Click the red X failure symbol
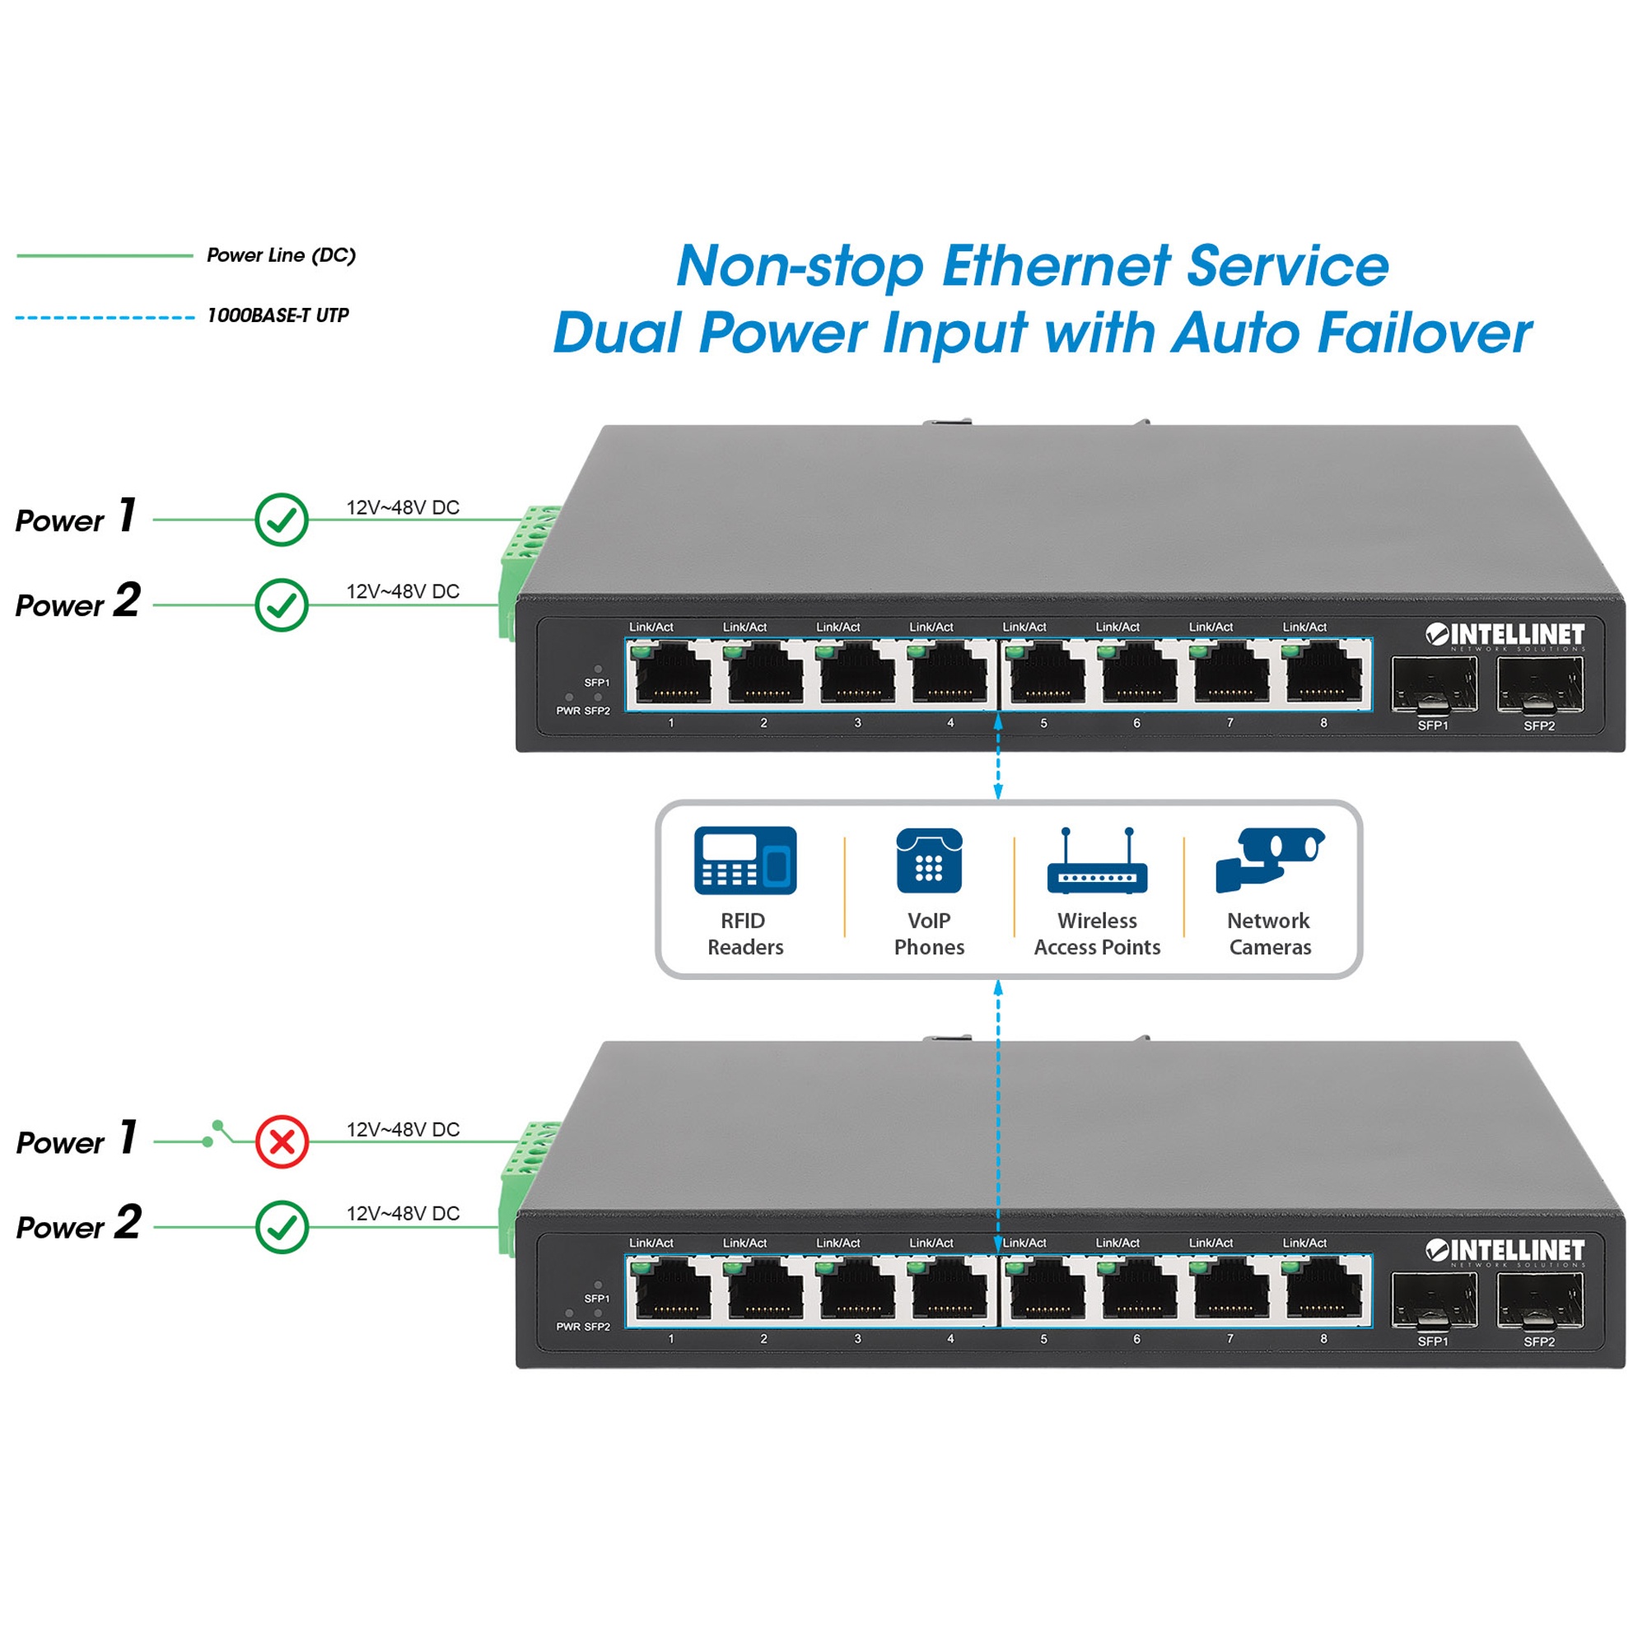click(282, 1141)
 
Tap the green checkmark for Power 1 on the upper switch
click(282, 519)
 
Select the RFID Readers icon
click(745, 861)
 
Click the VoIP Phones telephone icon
click(929, 861)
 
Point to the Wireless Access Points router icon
click(1097, 861)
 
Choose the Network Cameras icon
click(1270, 861)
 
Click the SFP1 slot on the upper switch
click(1434, 684)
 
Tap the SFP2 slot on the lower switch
click(1540, 1301)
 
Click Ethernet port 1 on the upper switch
click(674, 674)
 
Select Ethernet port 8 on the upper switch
click(1323, 674)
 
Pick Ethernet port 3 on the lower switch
click(857, 1290)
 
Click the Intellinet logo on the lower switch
click(1505, 1252)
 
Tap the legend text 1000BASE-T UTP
click(278, 315)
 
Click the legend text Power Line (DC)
click(282, 255)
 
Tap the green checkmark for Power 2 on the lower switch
click(282, 1227)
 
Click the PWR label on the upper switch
click(567, 711)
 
